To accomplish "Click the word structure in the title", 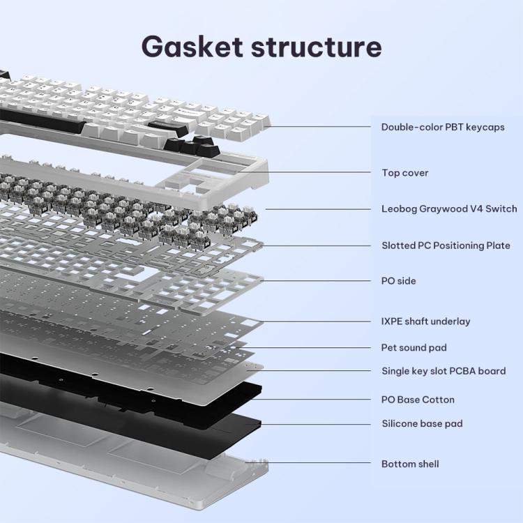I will [x=317, y=47].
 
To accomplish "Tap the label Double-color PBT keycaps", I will [x=443, y=127].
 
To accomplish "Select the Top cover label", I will [x=405, y=172].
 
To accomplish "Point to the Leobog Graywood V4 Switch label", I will [x=449, y=209].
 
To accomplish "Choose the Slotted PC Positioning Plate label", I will [x=446, y=245].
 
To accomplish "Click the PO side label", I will [x=399, y=281].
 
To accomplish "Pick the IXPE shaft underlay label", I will [x=425, y=321].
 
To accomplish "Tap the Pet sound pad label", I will [x=414, y=347].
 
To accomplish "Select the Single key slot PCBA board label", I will [x=444, y=371].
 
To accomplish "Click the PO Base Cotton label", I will [x=418, y=400].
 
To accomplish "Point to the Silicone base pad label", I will [x=422, y=423].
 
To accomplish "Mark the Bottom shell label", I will [x=410, y=464].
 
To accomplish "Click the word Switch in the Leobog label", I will [x=501, y=209].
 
